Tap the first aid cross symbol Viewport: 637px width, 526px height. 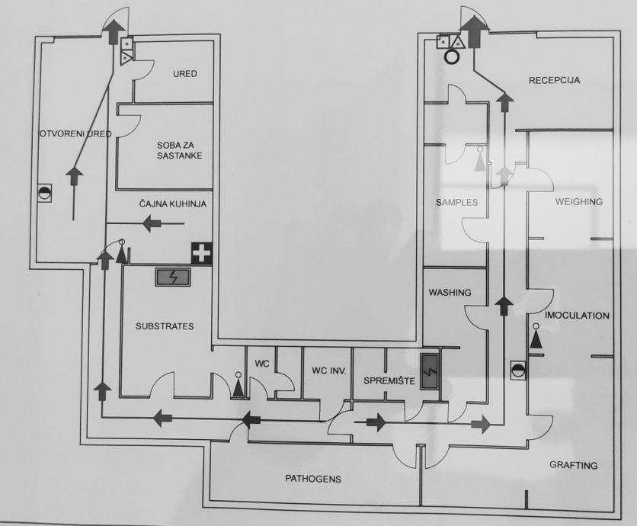tap(201, 254)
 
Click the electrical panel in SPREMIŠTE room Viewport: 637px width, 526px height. tap(430, 374)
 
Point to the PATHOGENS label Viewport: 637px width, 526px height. tap(312, 479)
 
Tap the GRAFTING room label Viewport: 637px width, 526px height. tap(573, 465)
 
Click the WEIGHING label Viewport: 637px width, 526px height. tap(578, 202)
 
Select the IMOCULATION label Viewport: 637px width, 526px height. tap(577, 315)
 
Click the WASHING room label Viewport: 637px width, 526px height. tap(450, 292)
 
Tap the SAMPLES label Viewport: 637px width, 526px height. tap(457, 203)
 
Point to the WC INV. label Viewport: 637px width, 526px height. tap(329, 371)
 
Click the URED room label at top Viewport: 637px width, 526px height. tap(184, 74)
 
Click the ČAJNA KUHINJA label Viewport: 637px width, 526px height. tap(173, 204)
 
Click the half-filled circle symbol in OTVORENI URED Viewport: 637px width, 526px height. tap(45, 194)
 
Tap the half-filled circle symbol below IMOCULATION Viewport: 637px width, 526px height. tap(518, 370)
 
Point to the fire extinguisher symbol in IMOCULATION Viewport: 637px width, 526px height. tap(536, 336)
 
